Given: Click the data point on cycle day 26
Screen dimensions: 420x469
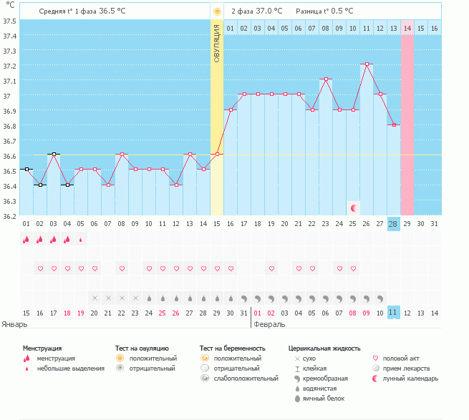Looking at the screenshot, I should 366,64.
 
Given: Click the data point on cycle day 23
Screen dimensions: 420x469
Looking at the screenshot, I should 326,79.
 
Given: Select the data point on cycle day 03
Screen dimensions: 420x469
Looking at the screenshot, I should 53,155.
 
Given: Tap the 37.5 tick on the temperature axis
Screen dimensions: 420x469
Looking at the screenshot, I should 10,21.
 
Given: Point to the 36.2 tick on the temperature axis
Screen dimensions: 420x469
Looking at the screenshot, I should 10,215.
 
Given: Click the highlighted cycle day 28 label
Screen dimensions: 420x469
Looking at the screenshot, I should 393,224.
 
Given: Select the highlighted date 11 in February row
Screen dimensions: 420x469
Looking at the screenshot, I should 393,313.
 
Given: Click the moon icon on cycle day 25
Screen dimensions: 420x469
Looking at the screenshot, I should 353,208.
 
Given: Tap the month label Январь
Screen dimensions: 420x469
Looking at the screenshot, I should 14,323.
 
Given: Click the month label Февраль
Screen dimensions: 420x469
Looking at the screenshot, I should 269,323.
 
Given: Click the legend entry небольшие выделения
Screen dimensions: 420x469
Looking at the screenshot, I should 70,368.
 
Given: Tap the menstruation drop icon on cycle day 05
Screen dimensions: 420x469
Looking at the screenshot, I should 80,240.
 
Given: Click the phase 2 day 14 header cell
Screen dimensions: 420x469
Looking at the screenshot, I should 407,28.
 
